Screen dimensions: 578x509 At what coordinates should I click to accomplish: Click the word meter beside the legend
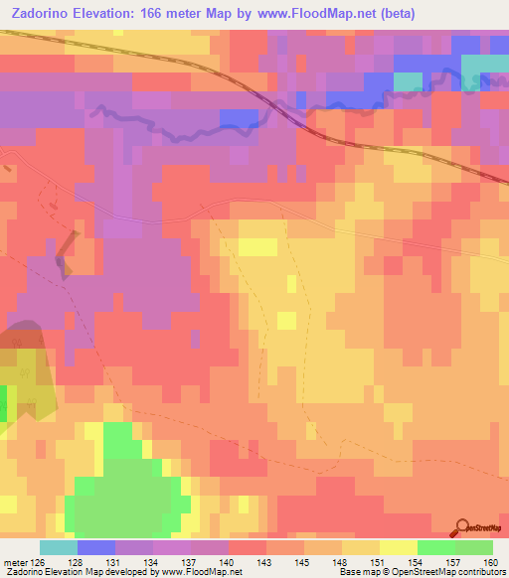point(17,562)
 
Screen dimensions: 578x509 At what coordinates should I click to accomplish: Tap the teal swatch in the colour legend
point(58,547)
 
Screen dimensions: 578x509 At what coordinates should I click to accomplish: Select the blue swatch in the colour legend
point(95,547)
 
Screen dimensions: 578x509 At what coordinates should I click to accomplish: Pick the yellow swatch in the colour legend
point(398,547)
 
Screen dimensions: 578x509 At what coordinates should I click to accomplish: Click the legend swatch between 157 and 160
point(474,547)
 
